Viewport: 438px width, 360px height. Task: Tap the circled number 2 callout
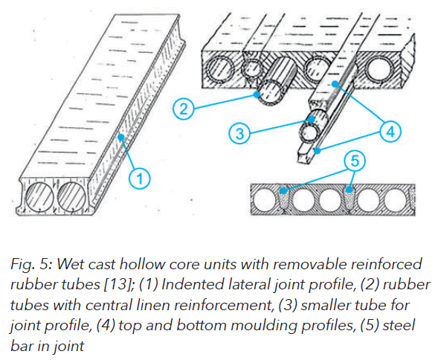tap(185, 110)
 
